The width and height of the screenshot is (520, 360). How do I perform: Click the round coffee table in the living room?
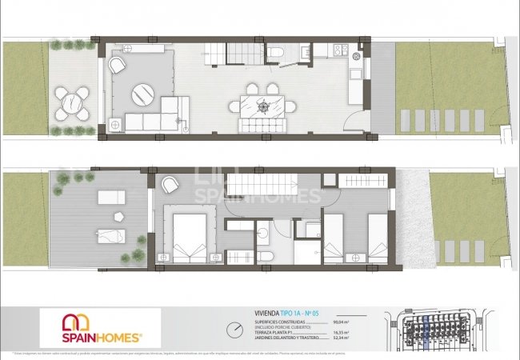145,94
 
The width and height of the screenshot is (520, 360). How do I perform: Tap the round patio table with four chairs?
74,102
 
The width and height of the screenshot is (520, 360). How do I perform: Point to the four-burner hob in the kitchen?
339,50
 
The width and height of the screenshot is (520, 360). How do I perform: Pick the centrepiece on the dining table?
262,103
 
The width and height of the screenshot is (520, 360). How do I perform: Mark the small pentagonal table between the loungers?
119,216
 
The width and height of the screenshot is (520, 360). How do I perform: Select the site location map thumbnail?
449,330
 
